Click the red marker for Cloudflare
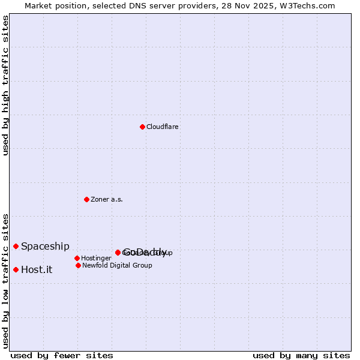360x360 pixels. [142, 127]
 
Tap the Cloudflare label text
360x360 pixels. [162, 127]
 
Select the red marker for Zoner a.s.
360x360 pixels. [86, 199]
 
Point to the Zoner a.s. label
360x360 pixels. [107, 199]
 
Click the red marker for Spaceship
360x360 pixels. [16, 246]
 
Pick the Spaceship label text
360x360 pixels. [45, 246]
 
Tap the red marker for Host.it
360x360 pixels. [16, 269]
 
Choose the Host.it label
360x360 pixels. [37, 270]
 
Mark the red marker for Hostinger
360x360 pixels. [77, 258]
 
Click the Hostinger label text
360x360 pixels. [96, 259]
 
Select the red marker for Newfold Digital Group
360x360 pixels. [78, 265]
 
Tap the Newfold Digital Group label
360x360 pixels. [117, 265]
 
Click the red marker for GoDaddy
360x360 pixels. [118, 253]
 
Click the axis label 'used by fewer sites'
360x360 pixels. [62, 355]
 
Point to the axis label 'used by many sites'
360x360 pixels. [301, 355]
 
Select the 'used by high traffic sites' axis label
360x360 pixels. [6, 85]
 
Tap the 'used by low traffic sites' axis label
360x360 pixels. [6, 280]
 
